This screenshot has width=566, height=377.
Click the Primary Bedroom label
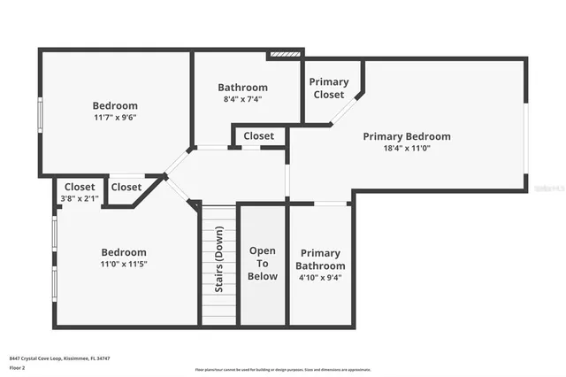click(407, 136)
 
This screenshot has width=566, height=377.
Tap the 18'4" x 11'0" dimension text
click(407, 149)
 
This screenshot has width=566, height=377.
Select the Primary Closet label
click(329, 88)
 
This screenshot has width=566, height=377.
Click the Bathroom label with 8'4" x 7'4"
click(242, 88)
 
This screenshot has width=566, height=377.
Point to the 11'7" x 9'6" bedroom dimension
click(115, 118)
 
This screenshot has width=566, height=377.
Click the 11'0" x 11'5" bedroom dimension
click(123, 265)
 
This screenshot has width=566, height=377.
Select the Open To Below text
click(263, 264)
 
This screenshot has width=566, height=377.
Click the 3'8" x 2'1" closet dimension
click(80, 198)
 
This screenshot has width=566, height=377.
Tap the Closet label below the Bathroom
click(259, 136)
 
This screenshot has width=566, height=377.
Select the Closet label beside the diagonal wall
click(126, 187)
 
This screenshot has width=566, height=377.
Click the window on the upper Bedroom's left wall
click(39, 115)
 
